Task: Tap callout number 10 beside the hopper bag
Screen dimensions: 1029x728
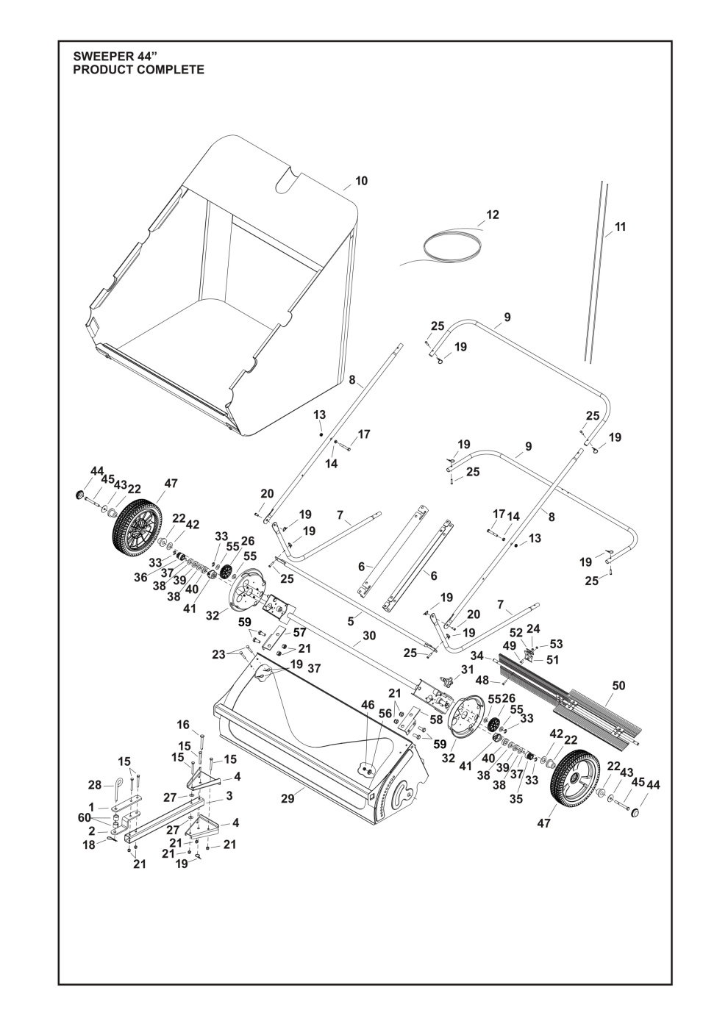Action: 361,181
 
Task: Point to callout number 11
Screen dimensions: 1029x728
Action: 620,228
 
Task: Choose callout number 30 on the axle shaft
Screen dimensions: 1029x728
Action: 369,635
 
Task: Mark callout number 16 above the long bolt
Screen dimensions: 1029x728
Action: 183,725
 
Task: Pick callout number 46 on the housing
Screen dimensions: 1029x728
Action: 368,704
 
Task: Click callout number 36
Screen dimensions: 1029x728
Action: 140,577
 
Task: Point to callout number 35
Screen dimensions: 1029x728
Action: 516,798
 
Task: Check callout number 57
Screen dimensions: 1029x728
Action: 299,631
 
